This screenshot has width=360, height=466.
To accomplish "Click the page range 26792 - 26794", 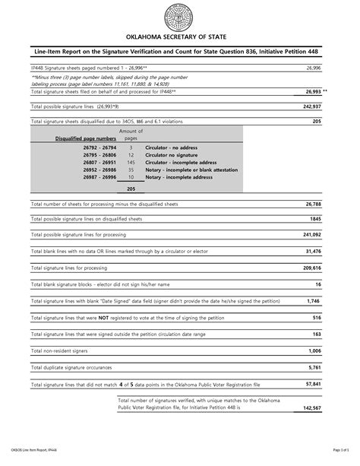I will (x=90, y=148).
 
